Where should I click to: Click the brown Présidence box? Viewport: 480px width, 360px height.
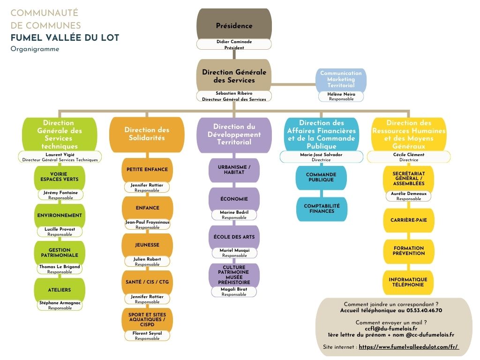pyautogui.click(x=234, y=25)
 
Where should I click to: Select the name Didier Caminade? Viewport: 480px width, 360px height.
pyautogui.click(x=234, y=42)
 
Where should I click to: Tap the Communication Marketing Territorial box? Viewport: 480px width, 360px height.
pyautogui.click(x=341, y=79)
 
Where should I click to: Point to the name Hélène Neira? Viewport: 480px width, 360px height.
pyautogui.click(x=341, y=94)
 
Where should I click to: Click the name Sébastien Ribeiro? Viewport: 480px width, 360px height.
pyautogui.click(x=234, y=93)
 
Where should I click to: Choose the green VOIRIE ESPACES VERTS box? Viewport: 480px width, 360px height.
pyautogui.click(x=60, y=177)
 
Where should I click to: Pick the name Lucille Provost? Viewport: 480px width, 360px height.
pyautogui.click(x=60, y=229)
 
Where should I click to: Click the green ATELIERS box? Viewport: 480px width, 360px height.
pyautogui.click(x=60, y=290)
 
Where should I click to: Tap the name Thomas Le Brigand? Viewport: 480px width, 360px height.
pyautogui.click(x=60, y=267)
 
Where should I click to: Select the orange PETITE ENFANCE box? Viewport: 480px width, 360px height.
pyautogui.click(x=147, y=169)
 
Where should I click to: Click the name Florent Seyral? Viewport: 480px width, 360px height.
pyautogui.click(x=147, y=333)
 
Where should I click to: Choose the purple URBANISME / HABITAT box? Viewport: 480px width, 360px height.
pyautogui.click(x=234, y=170)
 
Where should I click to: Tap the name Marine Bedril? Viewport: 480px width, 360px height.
pyautogui.click(x=234, y=212)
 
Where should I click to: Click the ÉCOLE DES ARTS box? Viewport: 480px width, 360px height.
pyautogui.click(x=234, y=237)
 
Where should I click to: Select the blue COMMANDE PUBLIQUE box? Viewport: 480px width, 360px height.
pyautogui.click(x=321, y=177)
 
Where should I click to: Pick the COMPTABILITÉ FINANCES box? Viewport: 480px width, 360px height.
pyautogui.click(x=321, y=209)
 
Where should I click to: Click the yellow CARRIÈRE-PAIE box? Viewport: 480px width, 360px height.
pyautogui.click(x=408, y=220)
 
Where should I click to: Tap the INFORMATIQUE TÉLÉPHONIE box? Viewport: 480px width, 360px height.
pyautogui.click(x=408, y=282)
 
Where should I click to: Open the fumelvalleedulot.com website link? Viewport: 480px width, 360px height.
pyautogui.click(x=408, y=347)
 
